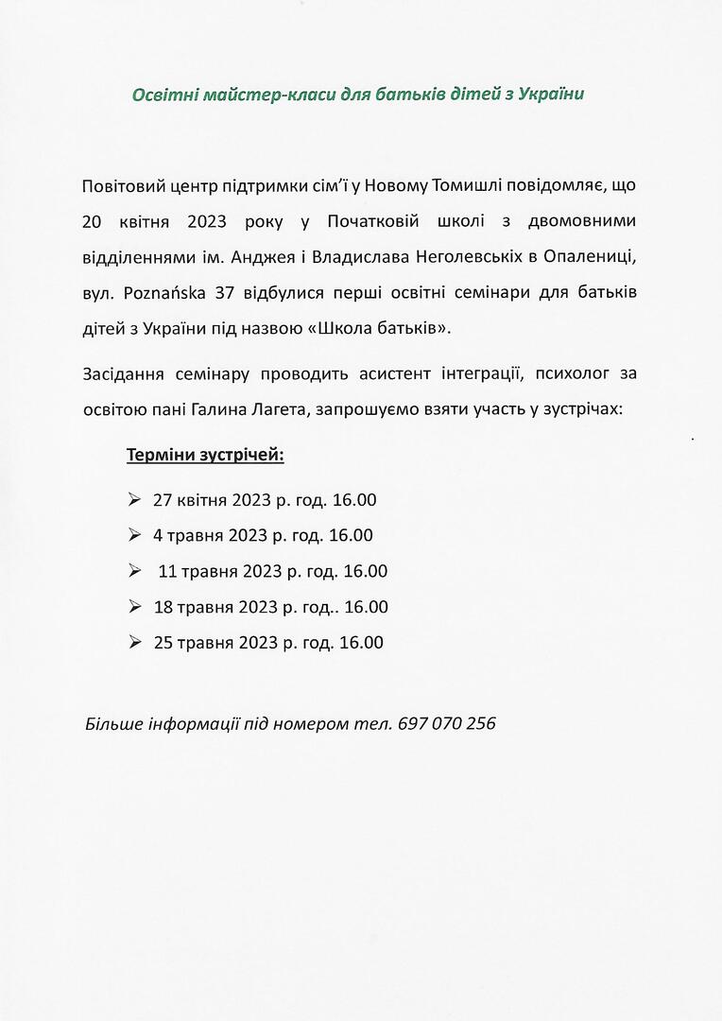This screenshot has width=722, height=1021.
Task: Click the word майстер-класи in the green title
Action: click(244, 95)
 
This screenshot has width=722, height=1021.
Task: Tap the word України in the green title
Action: click(552, 95)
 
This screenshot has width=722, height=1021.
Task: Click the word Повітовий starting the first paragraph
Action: click(121, 184)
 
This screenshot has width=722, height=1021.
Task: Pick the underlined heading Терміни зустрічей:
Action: click(205, 456)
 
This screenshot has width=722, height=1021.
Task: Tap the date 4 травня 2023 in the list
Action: click(211, 535)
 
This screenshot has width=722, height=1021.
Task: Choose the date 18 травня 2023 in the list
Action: click(215, 607)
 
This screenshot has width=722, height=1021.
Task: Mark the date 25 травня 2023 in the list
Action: click(215, 643)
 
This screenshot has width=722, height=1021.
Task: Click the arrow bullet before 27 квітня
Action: click(134, 498)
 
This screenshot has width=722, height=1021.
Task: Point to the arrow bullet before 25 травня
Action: click(134, 642)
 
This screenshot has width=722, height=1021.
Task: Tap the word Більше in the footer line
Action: click(114, 724)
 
